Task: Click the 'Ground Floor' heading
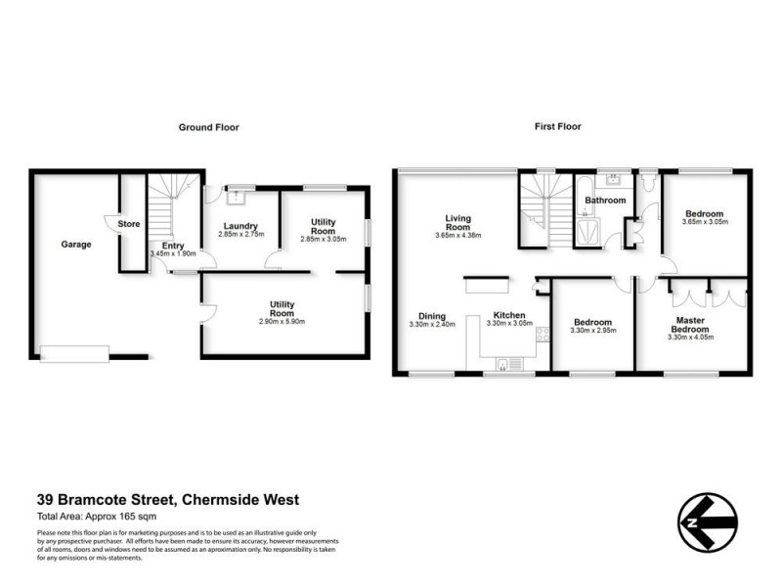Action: tap(208, 127)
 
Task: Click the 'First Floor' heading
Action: tap(557, 127)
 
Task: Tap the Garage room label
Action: tap(75, 245)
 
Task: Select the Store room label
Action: tap(129, 224)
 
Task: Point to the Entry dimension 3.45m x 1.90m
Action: tap(173, 254)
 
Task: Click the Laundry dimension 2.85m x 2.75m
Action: tap(239, 235)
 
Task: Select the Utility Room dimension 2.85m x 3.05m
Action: tap(324, 240)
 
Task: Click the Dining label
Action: tap(432, 316)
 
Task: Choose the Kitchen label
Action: tap(510, 316)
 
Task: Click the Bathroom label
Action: tap(604, 201)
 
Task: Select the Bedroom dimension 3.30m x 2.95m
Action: tap(592, 331)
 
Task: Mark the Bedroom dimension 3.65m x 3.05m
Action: tap(704, 222)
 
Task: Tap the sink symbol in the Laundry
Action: tap(236, 197)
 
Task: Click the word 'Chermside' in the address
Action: tap(217, 500)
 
